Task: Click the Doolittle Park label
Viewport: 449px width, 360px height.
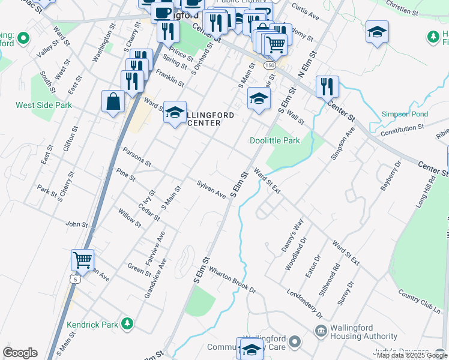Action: click(x=274, y=140)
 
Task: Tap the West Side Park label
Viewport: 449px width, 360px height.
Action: click(x=44, y=105)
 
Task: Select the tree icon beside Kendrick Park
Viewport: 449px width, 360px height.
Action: click(x=127, y=324)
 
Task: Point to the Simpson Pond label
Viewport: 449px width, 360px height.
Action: click(x=405, y=114)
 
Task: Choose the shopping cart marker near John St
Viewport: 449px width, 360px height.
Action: click(x=82, y=260)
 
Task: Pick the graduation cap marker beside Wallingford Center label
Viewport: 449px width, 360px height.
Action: click(x=175, y=112)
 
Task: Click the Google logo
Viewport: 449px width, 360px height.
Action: click(x=20, y=353)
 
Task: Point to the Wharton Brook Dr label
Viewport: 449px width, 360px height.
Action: click(x=232, y=281)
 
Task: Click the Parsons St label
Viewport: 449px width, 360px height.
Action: click(x=136, y=157)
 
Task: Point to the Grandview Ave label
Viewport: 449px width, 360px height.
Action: click(x=154, y=281)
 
